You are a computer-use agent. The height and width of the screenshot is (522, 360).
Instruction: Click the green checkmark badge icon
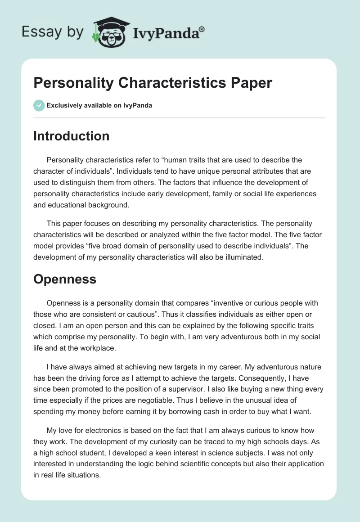(x=39, y=105)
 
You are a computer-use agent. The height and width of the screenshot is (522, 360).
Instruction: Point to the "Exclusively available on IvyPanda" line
(x=99, y=105)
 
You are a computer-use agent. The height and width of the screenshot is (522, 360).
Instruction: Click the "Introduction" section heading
(x=71, y=136)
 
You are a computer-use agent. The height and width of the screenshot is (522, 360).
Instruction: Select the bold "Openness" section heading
(x=65, y=279)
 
